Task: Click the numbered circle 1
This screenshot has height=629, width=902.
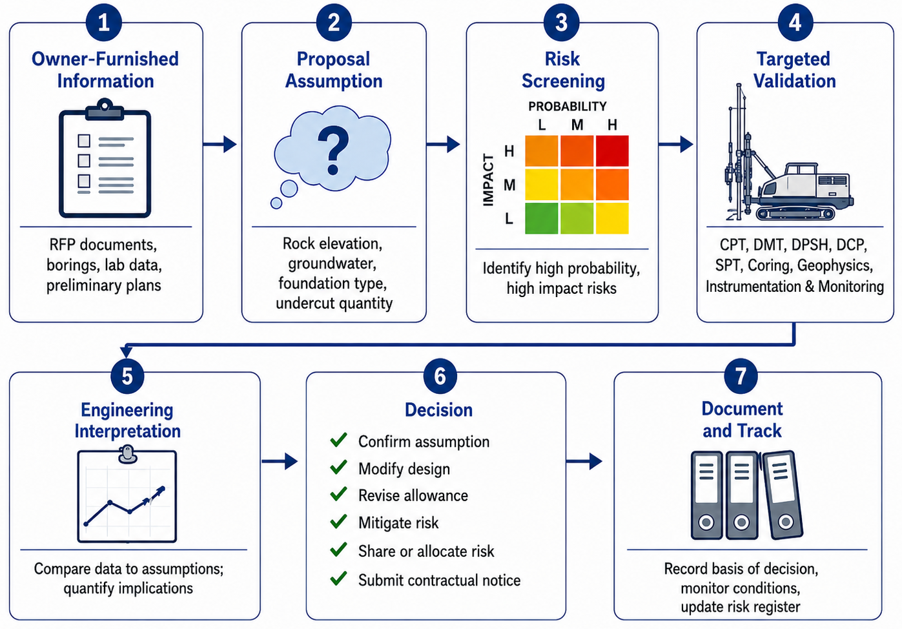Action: (x=104, y=23)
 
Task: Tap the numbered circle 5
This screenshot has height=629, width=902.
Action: (x=127, y=376)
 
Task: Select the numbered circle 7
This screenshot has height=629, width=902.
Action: (x=741, y=376)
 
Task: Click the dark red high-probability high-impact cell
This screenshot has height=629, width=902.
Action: (x=612, y=151)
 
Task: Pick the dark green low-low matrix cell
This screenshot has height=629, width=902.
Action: (x=542, y=218)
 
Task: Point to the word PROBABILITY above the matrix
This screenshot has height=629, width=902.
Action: (x=568, y=107)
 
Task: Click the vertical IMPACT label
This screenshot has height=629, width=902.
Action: (x=488, y=180)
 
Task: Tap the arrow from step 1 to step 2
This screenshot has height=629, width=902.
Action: (x=220, y=144)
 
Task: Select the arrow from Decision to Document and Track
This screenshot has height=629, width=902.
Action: (x=584, y=461)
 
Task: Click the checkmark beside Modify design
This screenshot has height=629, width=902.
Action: (x=338, y=467)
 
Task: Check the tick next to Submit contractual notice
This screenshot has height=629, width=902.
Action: (x=338, y=578)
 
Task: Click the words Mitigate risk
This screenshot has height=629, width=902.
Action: (x=398, y=522)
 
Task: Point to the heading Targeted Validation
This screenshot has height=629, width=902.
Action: (x=794, y=70)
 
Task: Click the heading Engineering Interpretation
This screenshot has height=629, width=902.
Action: (x=127, y=420)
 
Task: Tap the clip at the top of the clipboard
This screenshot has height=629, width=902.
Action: (x=105, y=110)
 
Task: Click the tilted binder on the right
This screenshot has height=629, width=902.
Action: (x=783, y=495)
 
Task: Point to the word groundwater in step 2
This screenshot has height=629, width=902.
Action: (x=333, y=263)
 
